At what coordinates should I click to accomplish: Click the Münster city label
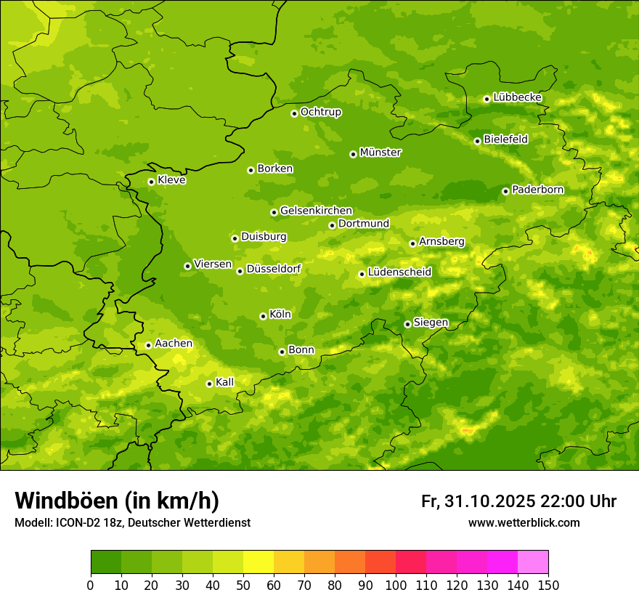tap(380, 153)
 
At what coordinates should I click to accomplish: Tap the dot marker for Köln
tap(263, 316)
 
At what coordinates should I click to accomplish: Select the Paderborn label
tap(537, 190)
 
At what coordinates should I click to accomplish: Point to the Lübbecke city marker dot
tap(487, 99)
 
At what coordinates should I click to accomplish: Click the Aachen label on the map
tap(174, 344)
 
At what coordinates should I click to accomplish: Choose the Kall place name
tap(225, 382)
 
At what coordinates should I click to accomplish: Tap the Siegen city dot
tap(407, 324)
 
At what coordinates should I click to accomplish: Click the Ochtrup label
tap(320, 112)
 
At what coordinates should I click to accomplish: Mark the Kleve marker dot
tap(151, 182)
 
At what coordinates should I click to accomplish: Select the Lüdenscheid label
tap(399, 272)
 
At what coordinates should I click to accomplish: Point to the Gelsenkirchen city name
tap(316, 211)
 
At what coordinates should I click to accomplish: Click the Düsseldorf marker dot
tap(240, 271)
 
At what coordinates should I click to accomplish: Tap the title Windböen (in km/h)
tap(117, 501)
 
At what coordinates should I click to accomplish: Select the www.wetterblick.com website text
tap(524, 523)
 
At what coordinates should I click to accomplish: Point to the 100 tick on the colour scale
tap(396, 585)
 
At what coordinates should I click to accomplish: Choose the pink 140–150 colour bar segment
tap(533, 562)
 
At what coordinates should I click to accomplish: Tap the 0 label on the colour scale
tap(91, 585)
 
